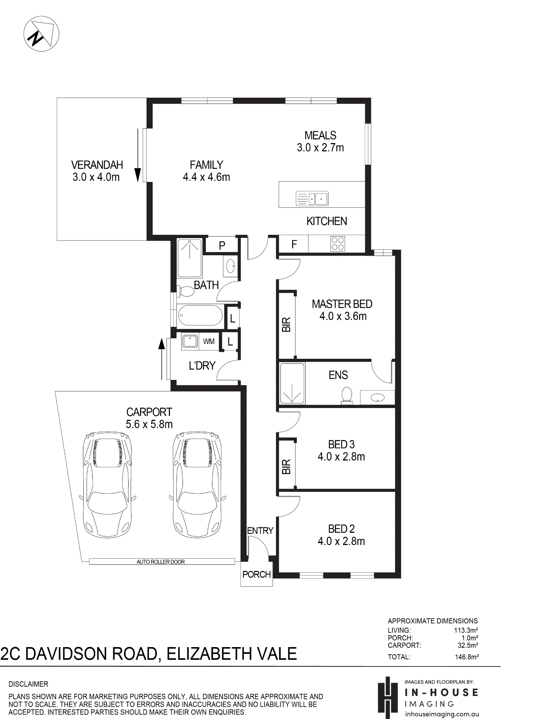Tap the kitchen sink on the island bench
pos(312,198)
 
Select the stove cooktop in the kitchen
pos(338,244)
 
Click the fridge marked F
pos(294,244)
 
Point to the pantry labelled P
pos(222,246)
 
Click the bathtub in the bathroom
pos(200,315)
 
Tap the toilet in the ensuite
pos(347,395)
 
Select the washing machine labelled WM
pos(209,342)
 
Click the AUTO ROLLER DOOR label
pos(161,562)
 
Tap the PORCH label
pos(257,574)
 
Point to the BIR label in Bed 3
pos(286,467)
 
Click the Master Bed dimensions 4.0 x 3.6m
pos(343,316)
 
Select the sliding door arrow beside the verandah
pos(138,155)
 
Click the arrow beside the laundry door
pos(162,359)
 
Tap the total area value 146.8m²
pos(466,657)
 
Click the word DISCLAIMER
pos(28,684)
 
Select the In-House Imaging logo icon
pos(387,698)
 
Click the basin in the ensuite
pos(377,398)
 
